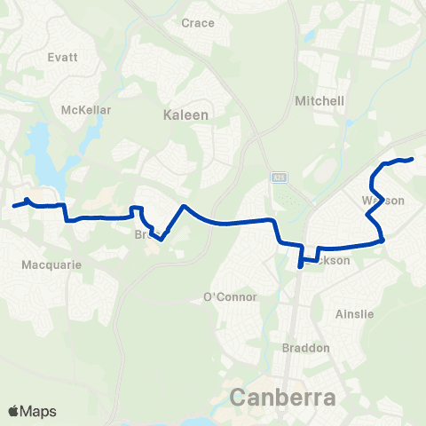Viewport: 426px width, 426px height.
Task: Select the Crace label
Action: click(198, 23)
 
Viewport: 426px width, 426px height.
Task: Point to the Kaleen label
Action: click(185, 114)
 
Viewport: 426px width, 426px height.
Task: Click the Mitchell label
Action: click(319, 101)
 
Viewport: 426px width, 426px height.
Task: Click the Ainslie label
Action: click(355, 314)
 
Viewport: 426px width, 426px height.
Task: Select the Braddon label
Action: click(305, 348)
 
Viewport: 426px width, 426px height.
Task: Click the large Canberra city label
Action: click(283, 396)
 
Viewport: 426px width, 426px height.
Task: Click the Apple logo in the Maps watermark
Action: click(14, 411)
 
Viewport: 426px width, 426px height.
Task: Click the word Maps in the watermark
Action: click(39, 411)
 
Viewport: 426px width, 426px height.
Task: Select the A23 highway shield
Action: click(279, 177)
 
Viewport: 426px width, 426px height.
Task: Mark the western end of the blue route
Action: click(13, 206)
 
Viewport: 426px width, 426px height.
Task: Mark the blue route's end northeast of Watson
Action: click(413, 159)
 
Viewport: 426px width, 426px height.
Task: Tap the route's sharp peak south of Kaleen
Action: click(183, 207)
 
